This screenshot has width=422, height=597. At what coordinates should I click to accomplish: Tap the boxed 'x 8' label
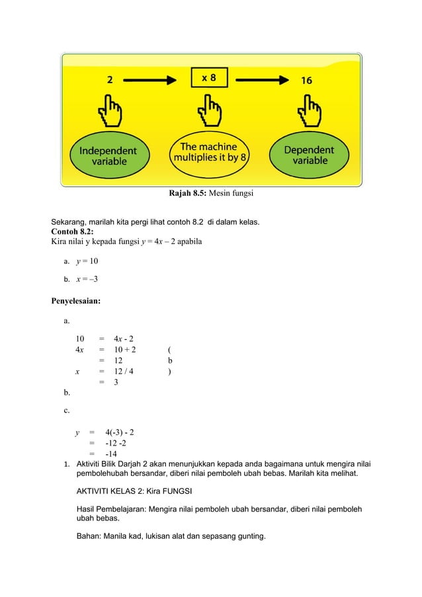209,78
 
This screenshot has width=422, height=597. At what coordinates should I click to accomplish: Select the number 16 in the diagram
307,80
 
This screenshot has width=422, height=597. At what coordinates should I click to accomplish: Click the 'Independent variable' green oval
108,155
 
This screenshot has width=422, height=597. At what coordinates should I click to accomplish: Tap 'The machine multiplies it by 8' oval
210,153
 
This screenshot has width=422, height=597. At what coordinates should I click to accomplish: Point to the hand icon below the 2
110,112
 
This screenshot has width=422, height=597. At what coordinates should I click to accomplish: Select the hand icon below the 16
310,112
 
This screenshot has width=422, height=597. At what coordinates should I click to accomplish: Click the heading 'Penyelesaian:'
76,301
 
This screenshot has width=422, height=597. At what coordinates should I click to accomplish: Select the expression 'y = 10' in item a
87,260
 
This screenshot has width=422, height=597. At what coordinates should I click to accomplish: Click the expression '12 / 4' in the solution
123,372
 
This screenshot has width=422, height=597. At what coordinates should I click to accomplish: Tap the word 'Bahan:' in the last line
89,535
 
